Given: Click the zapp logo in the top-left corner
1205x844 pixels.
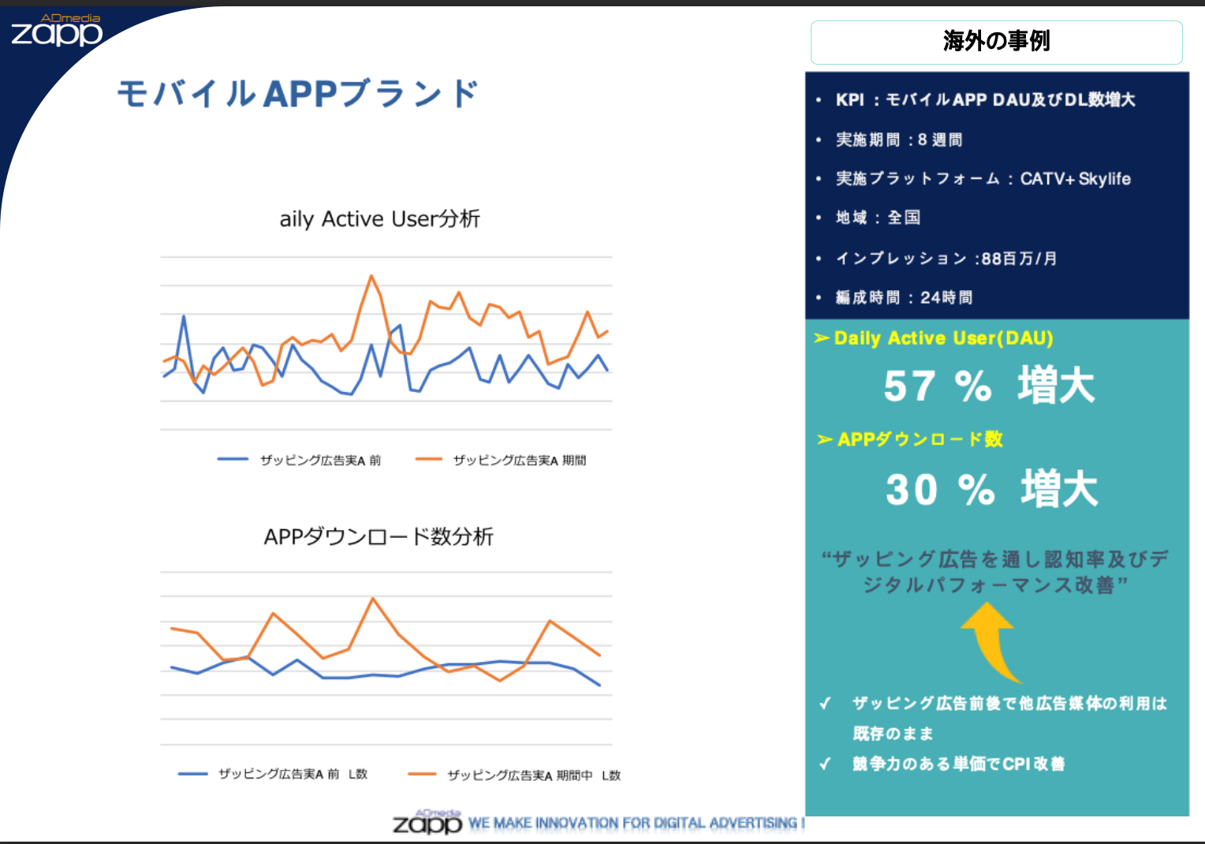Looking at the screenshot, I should pyautogui.click(x=56, y=31).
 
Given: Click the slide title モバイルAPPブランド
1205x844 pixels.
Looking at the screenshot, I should pyautogui.click(x=297, y=94).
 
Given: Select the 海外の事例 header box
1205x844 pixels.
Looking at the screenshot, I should pyautogui.click(x=996, y=42).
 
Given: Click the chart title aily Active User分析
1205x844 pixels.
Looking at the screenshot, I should pyautogui.click(x=379, y=218).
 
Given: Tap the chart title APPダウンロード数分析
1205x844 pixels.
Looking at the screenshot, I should pyautogui.click(x=379, y=536).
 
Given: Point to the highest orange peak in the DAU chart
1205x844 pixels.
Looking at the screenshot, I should pyautogui.click(x=371, y=276).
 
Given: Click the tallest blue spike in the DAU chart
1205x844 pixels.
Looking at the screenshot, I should pyautogui.click(x=184, y=316).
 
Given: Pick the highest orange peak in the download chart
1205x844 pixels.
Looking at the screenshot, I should pyautogui.click(x=373, y=599).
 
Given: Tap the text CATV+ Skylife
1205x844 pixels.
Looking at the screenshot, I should pyautogui.click(x=1075, y=179).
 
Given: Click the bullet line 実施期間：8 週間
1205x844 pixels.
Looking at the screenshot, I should pyautogui.click(x=898, y=140).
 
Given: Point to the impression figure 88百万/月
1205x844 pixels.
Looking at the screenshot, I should pyautogui.click(x=1018, y=259).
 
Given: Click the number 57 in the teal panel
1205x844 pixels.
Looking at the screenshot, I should pyautogui.click(x=908, y=387).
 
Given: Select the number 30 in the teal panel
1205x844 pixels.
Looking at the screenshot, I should pyautogui.click(x=911, y=489).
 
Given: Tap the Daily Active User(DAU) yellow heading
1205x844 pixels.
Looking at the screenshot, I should pyautogui.click(x=942, y=338).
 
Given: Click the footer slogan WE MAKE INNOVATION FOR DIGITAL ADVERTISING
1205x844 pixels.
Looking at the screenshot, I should pyautogui.click(x=635, y=823).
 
